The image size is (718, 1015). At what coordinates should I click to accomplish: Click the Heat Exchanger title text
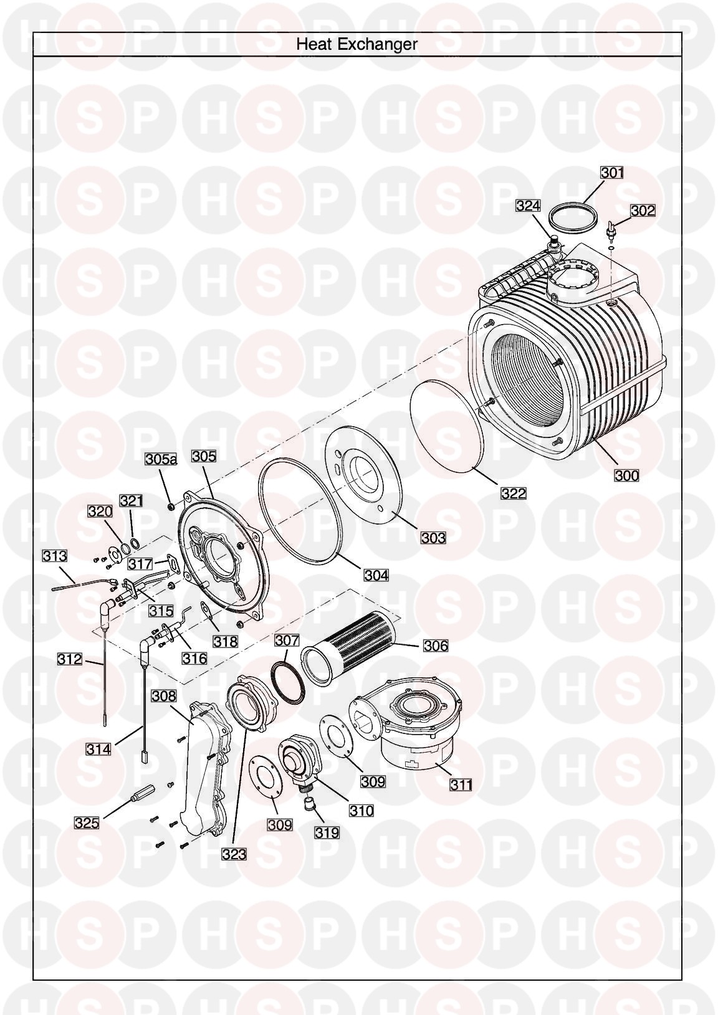click(357, 44)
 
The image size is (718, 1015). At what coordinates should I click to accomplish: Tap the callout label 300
click(626, 475)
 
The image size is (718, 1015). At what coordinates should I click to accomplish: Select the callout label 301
click(611, 172)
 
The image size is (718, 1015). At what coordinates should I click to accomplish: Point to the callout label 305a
click(161, 459)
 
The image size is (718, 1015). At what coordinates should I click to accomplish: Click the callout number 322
click(514, 493)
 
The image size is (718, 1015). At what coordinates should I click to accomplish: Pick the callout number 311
click(461, 784)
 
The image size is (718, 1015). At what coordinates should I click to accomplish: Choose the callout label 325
click(87, 822)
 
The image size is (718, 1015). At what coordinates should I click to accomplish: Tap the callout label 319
click(327, 831)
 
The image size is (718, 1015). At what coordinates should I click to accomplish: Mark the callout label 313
click(54, 555)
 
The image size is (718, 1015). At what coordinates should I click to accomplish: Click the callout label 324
click(528, 206)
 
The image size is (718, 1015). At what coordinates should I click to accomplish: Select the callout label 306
click(435, 646)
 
